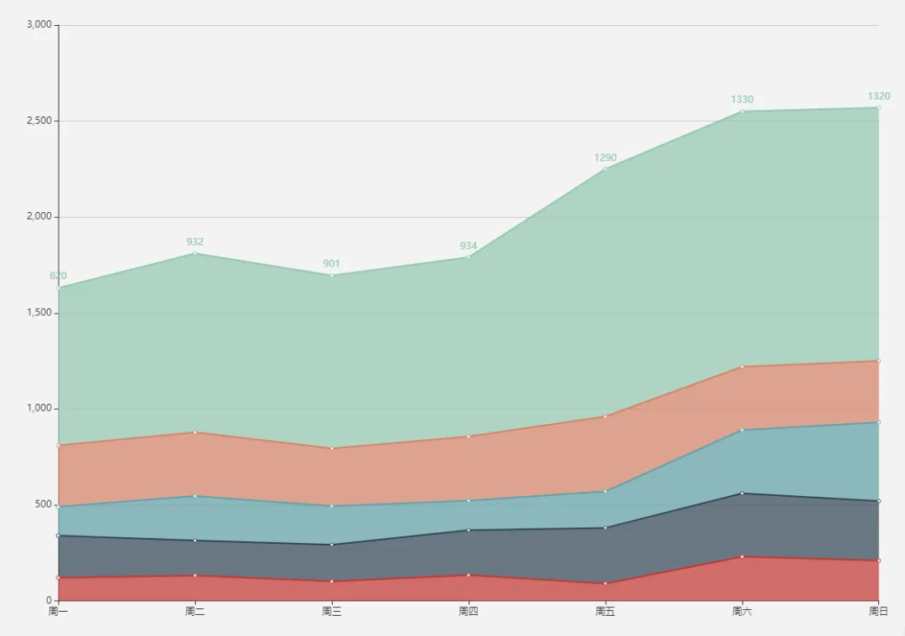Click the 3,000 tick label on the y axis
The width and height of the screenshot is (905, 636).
[39, 25]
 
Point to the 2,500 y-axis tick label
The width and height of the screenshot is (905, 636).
[39, 121]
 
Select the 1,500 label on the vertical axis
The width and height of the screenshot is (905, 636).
[39, 313]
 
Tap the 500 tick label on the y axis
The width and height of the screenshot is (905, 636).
[44, 504]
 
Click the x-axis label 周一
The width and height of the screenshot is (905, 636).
[59, 612]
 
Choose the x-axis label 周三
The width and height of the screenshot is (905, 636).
[332, 612]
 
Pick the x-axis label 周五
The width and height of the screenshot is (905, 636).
[605, 612]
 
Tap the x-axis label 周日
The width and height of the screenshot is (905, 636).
[878, 612]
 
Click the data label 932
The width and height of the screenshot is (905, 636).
[195, 242]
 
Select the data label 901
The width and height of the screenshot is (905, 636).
[332, 264]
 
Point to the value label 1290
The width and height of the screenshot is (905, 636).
[605, 158]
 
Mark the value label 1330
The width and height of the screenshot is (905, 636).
[742, 100]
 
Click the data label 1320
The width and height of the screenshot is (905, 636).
[878, 96]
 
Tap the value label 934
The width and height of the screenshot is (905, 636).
[468, 246]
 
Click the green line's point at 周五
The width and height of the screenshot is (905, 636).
[605, 169]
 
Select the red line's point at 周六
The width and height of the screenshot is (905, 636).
[742, 556]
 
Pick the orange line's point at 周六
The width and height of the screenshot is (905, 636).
[742, 366]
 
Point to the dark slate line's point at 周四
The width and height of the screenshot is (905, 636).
[468, 530]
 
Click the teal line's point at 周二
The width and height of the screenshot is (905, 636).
[195, 496]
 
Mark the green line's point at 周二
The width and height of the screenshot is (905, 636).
[195, 253]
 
